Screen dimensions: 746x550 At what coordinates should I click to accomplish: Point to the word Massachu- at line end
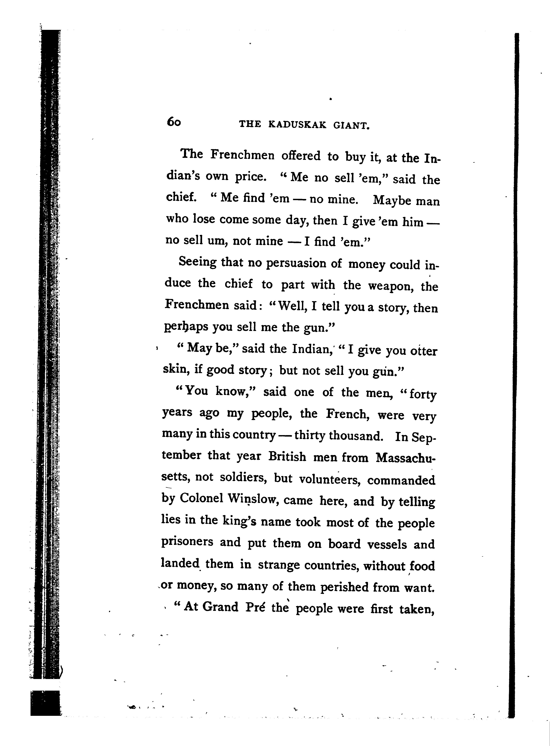coord(405,458)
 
